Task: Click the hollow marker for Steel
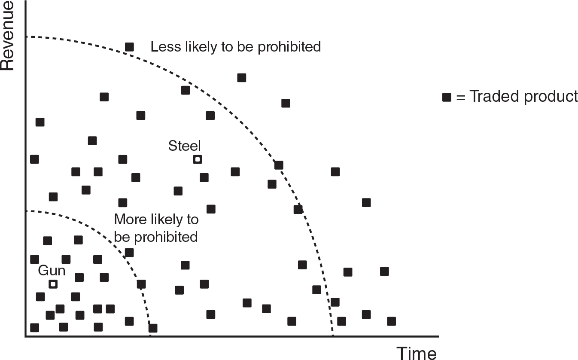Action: coord(197,159)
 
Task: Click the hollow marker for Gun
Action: coord(53,284)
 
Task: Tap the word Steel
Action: coord(185,146)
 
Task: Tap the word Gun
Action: coord(52,271)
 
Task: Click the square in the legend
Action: coord(447,97)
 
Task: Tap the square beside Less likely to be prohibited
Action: coord(129,47)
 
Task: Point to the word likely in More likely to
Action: coord(165,220)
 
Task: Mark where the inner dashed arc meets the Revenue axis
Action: coord(26,211)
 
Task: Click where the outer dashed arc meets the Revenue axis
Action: coord(26,37)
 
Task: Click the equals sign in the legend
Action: coord(461,98)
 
